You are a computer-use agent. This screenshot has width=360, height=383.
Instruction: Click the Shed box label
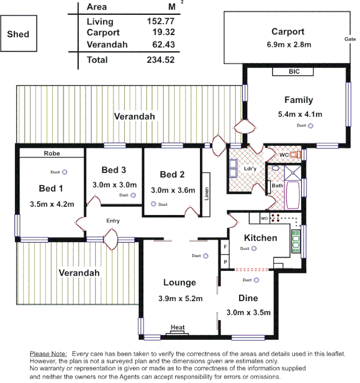click(18, 34)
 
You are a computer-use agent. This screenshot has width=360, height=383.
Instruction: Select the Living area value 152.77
click(160, 22)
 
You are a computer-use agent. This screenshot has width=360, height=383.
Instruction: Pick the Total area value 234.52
click(160, 60)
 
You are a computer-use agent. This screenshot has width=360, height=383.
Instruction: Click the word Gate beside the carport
click(348, 39)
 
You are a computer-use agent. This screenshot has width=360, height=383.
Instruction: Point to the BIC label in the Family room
click(293, 72)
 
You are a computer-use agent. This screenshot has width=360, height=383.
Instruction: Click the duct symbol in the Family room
click(311, 126)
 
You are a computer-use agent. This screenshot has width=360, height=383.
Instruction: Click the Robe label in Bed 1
click(52, 154)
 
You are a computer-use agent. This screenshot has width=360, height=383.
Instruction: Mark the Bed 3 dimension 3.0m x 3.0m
click(115, 185)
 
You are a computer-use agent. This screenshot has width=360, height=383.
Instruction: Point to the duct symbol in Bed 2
click(154, 204)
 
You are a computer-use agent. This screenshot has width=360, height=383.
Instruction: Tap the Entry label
click(113, 221)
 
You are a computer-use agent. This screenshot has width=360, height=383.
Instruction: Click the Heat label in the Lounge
click(178, 327)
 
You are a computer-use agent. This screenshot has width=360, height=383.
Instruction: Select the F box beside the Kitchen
click(225, 247)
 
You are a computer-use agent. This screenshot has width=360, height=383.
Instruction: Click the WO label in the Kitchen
click(264, 218)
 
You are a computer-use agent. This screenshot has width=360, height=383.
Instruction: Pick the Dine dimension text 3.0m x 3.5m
click(248, 313)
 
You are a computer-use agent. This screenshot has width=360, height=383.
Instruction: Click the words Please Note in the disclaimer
click(48, 353)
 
